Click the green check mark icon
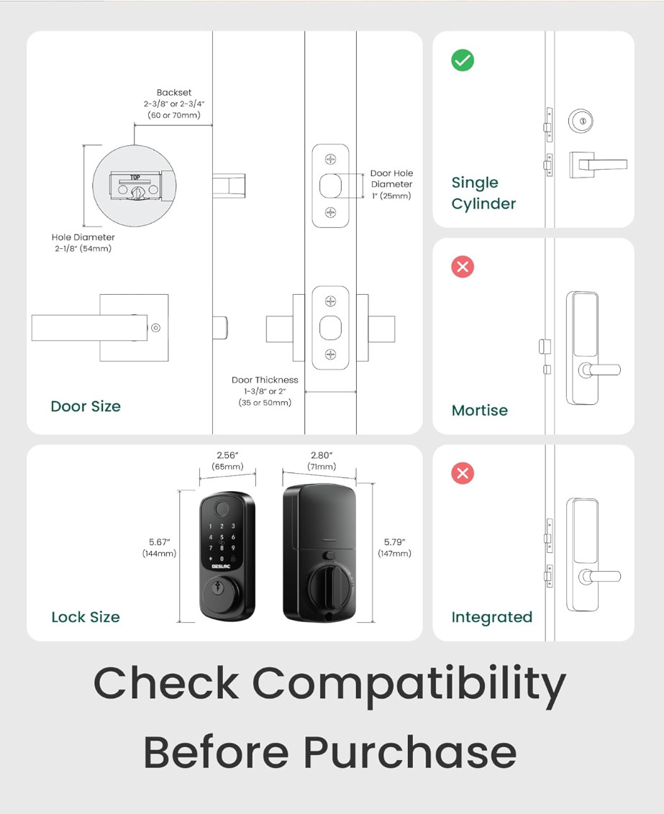[x=463, y=60]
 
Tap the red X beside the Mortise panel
[x=462, y=267]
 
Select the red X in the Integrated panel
[x=462, y=473]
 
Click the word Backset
[x=174, y=93]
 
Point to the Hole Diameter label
[x=83, y=237]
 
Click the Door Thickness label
[x=265, y=380]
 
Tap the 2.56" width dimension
[x=227, y=455]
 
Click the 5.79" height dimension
[x=394, y=542]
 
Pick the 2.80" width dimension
[x=323, y=455]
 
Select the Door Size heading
[x=86, y=406]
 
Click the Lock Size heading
[x=86, y=617]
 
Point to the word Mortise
[x=479, y=411]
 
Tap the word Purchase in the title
[x=409, y=753]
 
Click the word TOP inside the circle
[x=135, y=176]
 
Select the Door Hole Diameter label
[x=391, y=179]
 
